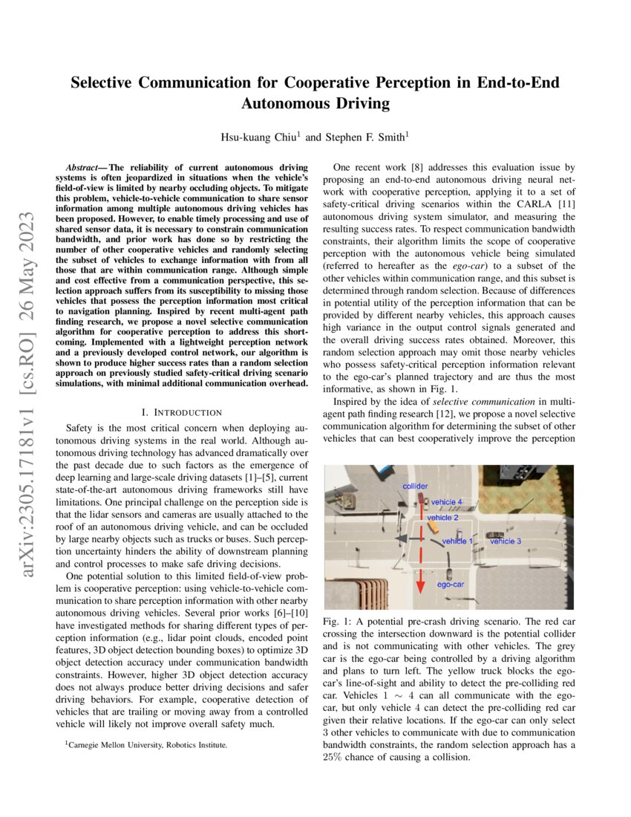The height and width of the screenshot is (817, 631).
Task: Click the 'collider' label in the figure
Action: click(416, 486)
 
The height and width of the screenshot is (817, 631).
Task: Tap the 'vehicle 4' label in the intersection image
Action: click(447, 502)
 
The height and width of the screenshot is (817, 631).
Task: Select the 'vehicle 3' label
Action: click(506, 541)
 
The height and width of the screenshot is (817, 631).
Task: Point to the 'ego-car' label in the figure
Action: click(451, 585)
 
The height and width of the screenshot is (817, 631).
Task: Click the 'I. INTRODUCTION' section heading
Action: click(181, 411)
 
